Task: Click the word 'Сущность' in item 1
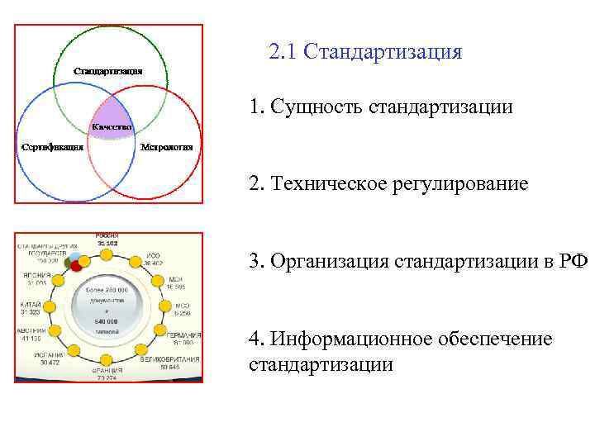(x=317, y=108)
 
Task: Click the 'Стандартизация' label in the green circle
(x=108, y=71)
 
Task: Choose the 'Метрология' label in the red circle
(x=167, y=147)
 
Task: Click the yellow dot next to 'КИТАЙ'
(x=48, y=306)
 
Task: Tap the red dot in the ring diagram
(x=77, y=266)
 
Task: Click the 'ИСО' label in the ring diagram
(x=153, y=257)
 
